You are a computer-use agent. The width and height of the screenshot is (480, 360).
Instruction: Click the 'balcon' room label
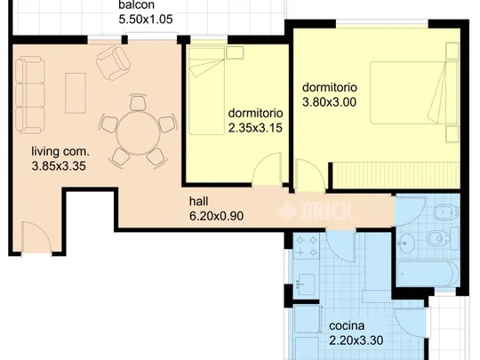pyautogui.click(x=136, y=5)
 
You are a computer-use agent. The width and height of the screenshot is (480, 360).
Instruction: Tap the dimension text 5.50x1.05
pyautogui.click(x=146, y=20)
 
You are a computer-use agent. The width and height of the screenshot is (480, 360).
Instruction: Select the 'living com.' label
pyautogui.click(x=60, y=151)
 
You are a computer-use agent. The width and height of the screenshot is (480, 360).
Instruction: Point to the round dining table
pyautogui.click(x=139, y=132)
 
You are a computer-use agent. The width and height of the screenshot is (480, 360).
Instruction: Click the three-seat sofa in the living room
pyautogui.click(x=30, y=95)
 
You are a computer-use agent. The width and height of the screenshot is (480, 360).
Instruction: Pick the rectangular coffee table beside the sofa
pyautogui.click(x=76, y=93)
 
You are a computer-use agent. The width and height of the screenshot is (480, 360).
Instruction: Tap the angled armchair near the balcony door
pyautogui.click(x=113, y=63)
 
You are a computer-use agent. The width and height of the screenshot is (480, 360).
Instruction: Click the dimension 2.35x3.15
pyautogui.click(x=255, y=128)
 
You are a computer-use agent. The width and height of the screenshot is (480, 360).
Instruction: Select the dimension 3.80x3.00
pyautogui.click(x=330, y=102)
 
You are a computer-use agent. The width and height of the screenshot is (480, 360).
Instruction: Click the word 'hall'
pyautogui.click(x=199, y=202)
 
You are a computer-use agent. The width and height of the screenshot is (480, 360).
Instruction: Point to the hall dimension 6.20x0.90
pyautogui.click(x=216, y=216)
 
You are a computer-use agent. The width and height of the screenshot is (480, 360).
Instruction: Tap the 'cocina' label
pyautogui.click(x=347, y=325)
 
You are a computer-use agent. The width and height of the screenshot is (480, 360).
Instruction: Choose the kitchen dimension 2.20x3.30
pyautogui.click(x=356, y=340)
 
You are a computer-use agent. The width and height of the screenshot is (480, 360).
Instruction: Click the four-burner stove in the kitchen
pyautogui.click(x=307, y=246)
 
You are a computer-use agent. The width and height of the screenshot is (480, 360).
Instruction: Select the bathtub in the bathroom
pyautogui.click(x=428, y=274)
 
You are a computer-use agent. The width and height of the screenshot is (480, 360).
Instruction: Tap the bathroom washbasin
pyautogui.click(x=406, y=244)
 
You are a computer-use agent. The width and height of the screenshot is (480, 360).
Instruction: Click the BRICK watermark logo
pyautogui.click(x=316, y=211)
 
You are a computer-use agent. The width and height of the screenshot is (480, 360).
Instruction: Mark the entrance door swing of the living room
pyautogui.click(x=36, y=237)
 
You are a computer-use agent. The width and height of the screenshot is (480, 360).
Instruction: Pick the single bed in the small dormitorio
pyautogui.click(x=206, y=91)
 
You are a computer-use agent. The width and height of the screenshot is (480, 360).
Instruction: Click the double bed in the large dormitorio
pyautogui.click(x=414, y=92)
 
